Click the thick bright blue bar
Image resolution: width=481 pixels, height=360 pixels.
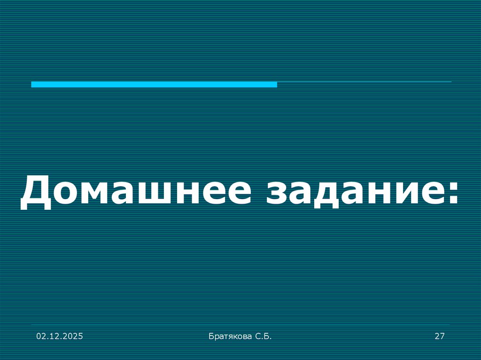click(154, 84)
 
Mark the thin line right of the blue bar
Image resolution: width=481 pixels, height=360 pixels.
click(364, 82)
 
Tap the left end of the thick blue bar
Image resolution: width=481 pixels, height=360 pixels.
click(33, 84)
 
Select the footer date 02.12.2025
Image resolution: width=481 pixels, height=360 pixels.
click(60, 336)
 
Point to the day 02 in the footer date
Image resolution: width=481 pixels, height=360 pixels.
click(42, 336)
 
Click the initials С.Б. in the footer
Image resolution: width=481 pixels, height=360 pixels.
click(263, 336)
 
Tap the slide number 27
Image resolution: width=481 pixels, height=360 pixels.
click(440, 336)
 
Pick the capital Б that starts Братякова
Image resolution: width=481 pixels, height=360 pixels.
click(210, 336)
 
